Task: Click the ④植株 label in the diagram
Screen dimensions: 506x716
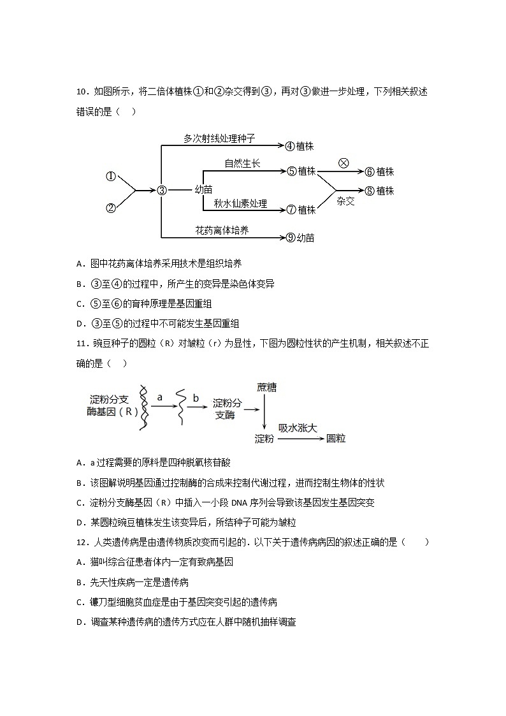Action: [x=300, y=146]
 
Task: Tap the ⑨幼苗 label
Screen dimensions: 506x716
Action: [x=300, y=238]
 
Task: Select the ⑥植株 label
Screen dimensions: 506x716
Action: [x=379, y=172]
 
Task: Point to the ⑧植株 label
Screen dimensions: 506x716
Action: [x=379, y=191]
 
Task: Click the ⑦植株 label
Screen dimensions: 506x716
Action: [x=301, y=210]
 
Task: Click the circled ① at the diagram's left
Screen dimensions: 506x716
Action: [x=111, y=177]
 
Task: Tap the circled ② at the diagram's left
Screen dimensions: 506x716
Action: [x=111, y=207]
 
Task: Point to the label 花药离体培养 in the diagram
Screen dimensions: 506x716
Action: [x=222, y=230]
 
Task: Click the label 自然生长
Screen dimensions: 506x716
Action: [x=242, y=164]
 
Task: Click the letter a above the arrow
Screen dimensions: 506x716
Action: [x=160, y=397]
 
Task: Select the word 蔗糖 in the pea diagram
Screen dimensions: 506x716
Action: [x=266, y=388]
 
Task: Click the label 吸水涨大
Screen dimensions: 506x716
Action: [x=298, y=428]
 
